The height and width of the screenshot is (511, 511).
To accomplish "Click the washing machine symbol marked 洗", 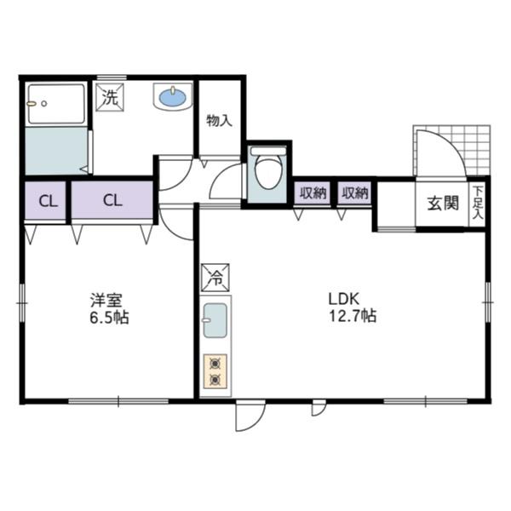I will click(x=110, y=96).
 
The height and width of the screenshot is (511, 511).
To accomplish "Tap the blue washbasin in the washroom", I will click(x=173, y=97).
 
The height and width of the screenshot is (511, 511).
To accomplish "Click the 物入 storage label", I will click(x=219, y=120).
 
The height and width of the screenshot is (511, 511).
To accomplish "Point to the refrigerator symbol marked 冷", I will click(x=215, y=278).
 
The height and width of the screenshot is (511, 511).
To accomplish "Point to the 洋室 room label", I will click(x=107, y=300).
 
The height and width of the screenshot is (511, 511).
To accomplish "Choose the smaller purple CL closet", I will click(x=46, y=202).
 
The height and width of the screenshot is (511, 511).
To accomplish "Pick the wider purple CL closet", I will click(x=112, y=202).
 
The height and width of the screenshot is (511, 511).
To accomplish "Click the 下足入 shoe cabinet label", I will click(x=478, y=204).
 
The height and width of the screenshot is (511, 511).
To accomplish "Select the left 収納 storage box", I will click(x=313, y=193).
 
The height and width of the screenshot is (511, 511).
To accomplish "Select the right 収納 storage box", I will click(x=355, y=193).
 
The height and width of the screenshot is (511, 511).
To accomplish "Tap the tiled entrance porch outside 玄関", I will click(x=475, y=149).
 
